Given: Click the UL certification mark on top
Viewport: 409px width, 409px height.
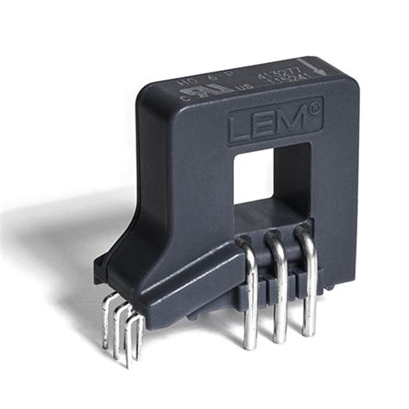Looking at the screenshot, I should pos(217,90).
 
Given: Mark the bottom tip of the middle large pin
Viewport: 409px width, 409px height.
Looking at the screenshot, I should pos(280,339).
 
